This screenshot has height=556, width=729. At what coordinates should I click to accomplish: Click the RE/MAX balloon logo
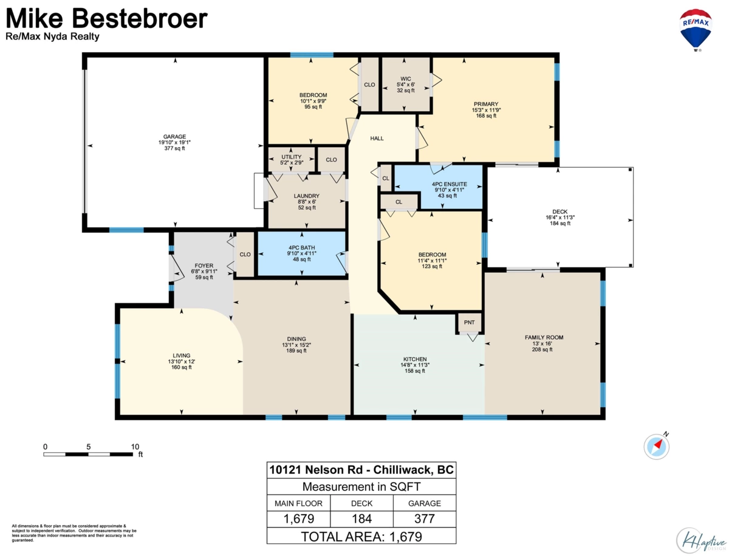[x=696, y=30]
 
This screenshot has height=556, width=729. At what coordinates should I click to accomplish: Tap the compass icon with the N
[x=656, y=447]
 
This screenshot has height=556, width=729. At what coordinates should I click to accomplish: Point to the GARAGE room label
[x=174, y=137]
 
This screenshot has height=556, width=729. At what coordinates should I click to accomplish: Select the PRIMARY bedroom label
[x=486, y=104]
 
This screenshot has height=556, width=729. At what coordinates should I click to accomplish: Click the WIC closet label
[x=406, y=79]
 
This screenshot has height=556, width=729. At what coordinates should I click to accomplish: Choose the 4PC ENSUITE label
[x=449, y=184]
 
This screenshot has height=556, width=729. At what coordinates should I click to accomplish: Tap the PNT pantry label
[x=469, y=322]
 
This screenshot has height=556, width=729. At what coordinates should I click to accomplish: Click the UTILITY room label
[x=291, y=157]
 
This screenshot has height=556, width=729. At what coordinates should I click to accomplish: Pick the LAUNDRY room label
[x=306, y=196]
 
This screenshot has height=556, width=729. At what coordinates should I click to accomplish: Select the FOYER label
[x=204, y=266]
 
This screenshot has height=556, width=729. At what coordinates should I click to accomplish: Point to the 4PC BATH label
[x=301, y=247]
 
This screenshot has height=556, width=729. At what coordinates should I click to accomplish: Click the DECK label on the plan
[x=560, y=211]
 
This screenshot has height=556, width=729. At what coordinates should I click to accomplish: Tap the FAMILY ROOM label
[x=544, y=337]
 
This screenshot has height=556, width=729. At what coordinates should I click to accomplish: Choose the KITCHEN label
[x=415, y=359]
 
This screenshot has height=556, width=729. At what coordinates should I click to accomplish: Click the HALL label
[x=377, y=138]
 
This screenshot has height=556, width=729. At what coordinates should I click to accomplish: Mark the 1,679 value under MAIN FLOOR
[x=298, y=519]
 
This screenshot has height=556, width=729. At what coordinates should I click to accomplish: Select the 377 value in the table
[x=425, y=519]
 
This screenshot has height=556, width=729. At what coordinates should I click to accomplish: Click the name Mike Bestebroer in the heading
[x=106, y=18]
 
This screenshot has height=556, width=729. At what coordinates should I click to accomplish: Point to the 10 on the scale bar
[x=135, y=447]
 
